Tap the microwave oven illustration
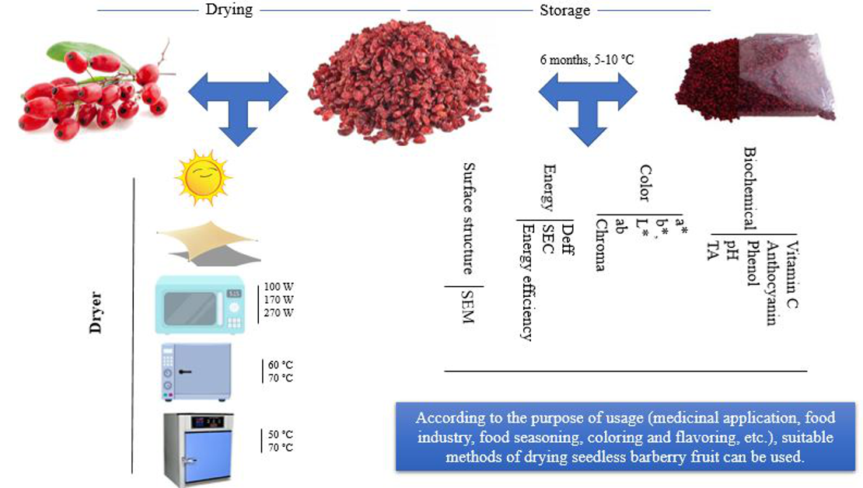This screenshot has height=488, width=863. point(201,305)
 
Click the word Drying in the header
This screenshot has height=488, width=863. point(228,10)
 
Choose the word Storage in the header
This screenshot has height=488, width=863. point(564,10)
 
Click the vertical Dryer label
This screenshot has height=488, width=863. point(96,312)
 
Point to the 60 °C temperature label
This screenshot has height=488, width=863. point(280,364)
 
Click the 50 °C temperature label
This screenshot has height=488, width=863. point(280,434)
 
